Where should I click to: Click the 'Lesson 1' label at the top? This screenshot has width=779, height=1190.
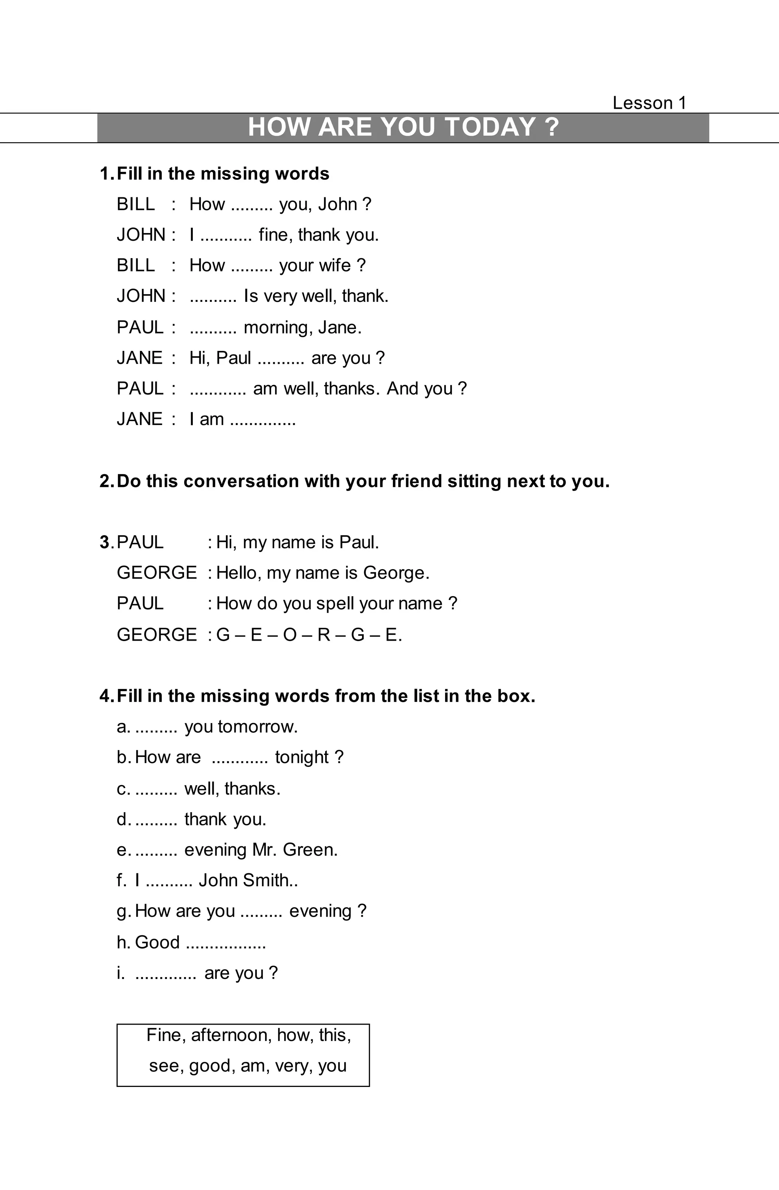pyautogui.click(x=649, y=103)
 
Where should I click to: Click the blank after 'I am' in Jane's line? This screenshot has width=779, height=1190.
pyautogui.click(x=263, y=419)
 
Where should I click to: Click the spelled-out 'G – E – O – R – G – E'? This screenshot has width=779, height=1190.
pyautogui.click(x=309, y=635)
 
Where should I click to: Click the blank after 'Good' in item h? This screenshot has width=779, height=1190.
pyautogui.click(x=226, y=942)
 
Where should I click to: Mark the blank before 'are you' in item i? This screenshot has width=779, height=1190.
pyautogui.click(x=165, y=973)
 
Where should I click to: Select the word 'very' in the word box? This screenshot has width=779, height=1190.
pyautogui.click(x=293, y=1066)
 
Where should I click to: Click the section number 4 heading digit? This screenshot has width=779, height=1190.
pyautogui.click(x=105, y=696)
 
